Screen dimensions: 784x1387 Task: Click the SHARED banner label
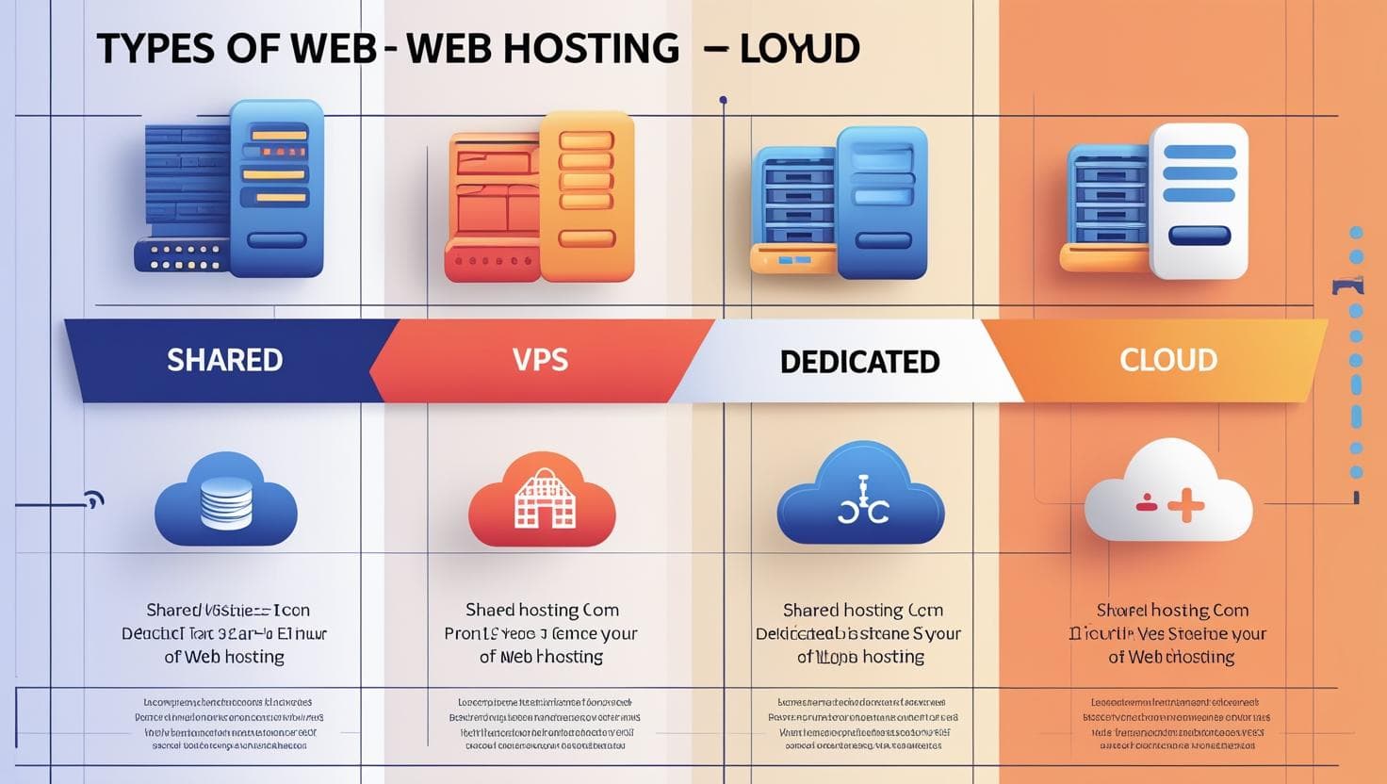[x=224, y=360]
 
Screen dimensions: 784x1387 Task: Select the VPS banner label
[x=541, y=360]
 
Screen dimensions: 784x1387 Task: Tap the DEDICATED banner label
[x=859, y=362]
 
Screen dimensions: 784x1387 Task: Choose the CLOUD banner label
[x=1168, y=360]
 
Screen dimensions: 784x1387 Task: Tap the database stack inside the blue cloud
[x=226, y=502]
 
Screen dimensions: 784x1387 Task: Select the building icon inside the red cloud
[x=543, y=498]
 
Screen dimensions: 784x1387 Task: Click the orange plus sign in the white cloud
[x=1185, y=506]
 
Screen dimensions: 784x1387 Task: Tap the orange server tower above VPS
[x=585, y=196]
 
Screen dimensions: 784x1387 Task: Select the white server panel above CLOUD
[x=1198, y=200]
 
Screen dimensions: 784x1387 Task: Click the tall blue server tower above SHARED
[x=276, y=188]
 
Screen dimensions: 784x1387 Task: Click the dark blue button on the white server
[x=1199, y=236]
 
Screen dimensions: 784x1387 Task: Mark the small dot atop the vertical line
[x=723, y=99]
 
